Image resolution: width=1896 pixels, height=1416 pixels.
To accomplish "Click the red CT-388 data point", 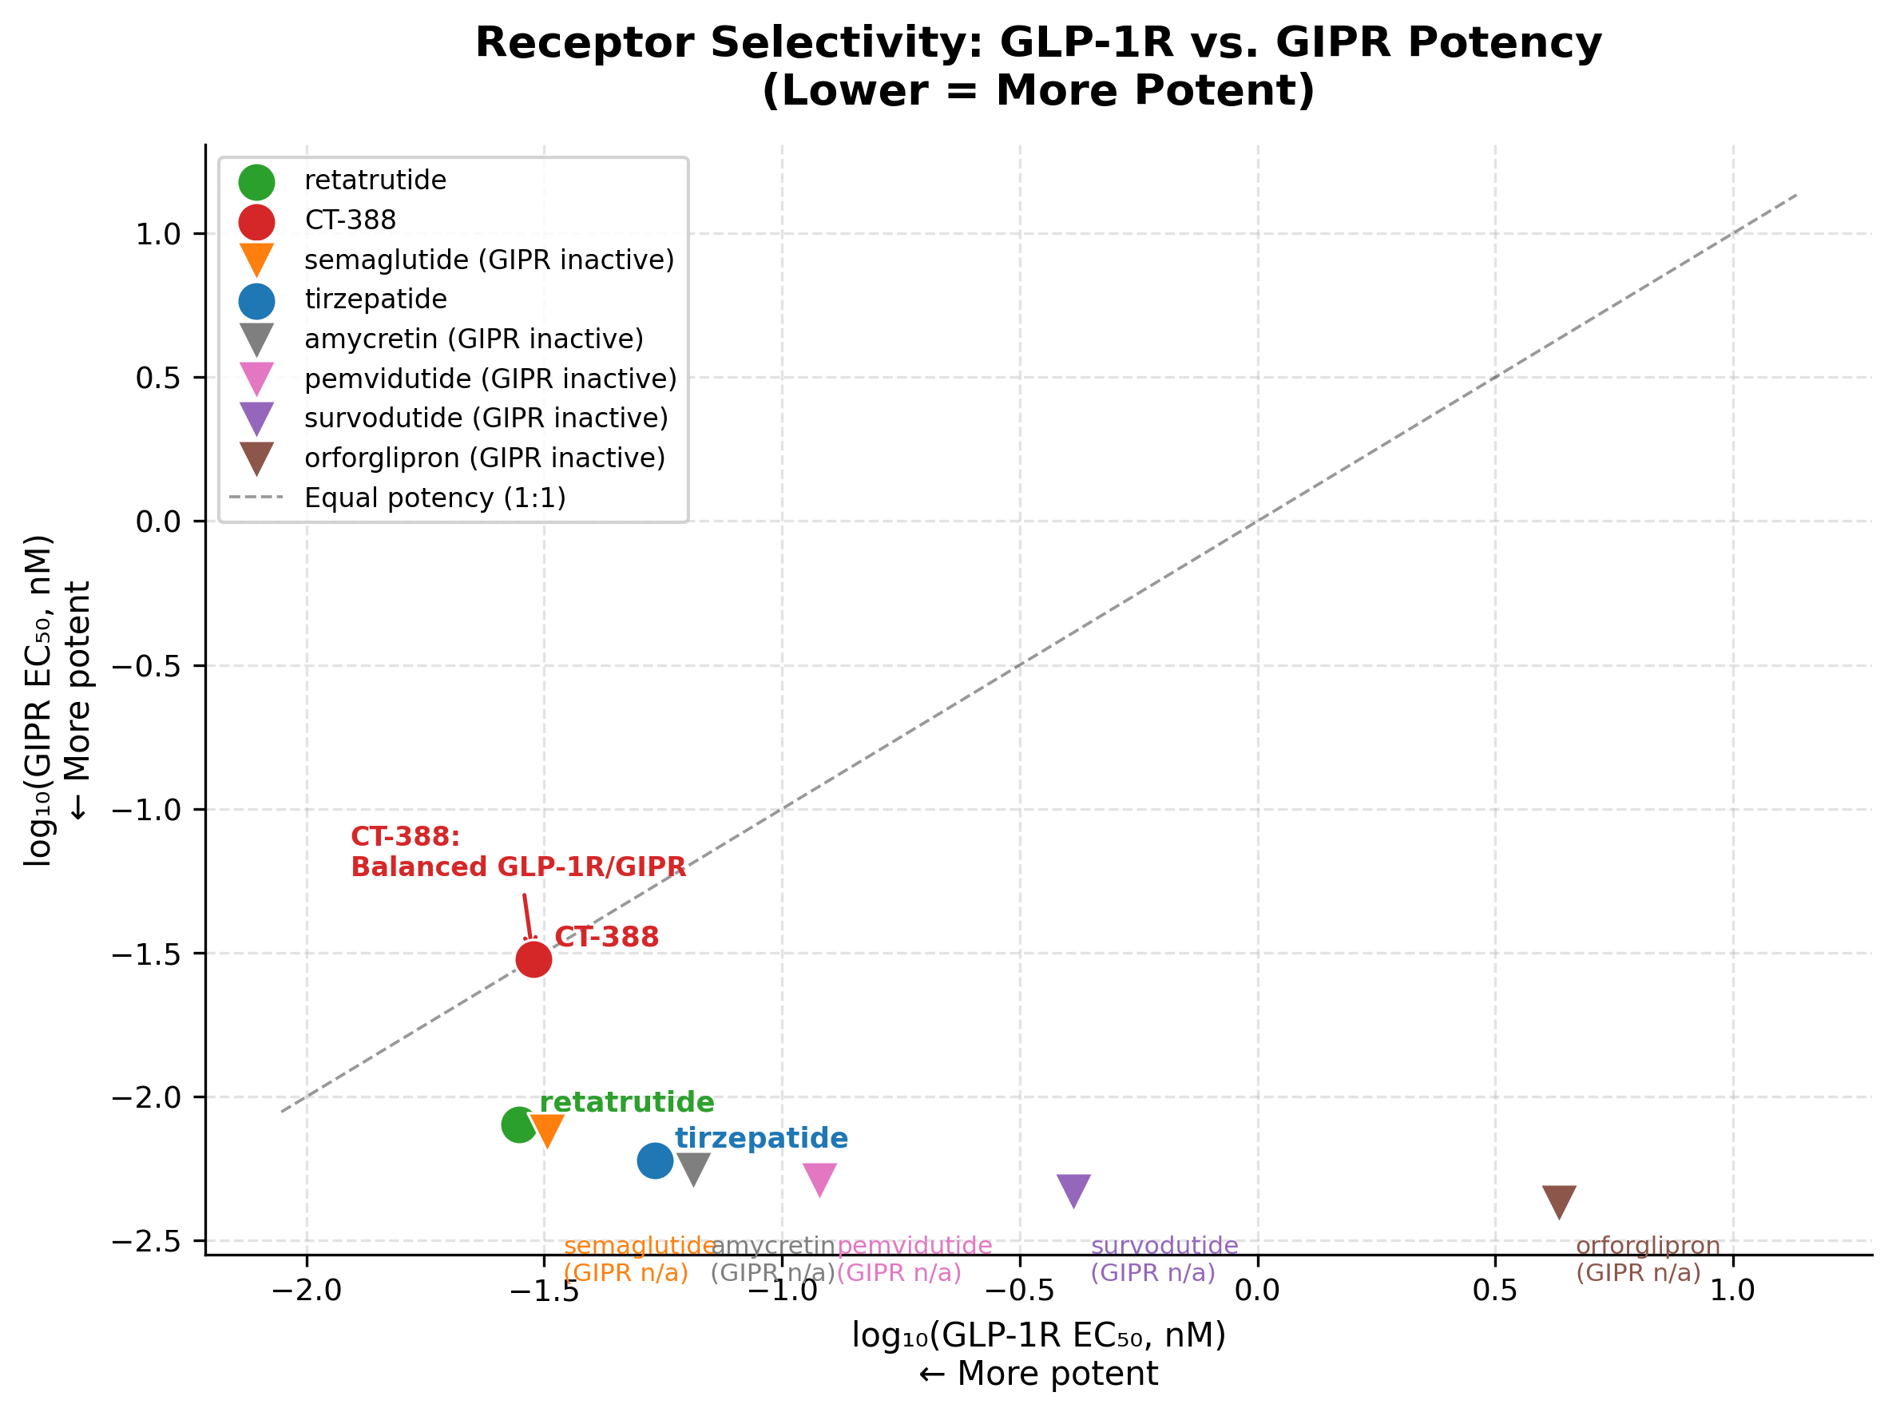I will (533, 959).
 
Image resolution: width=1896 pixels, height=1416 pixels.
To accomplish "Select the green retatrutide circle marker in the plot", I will (518, 1124).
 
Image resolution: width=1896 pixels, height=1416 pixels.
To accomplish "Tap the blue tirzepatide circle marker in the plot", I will (655, 1160).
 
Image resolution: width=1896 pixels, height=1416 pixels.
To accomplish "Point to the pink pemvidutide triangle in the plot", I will (819, 1179).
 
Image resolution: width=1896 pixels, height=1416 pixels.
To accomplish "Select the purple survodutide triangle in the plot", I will (1073, 1189).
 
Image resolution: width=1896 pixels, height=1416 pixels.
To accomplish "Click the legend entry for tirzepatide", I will (375, 299).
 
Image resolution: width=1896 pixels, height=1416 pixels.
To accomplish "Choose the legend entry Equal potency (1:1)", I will (434, 498).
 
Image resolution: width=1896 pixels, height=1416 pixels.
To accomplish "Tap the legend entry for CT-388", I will (350, 220).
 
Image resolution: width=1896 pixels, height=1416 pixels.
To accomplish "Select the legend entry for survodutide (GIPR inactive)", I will (485, 418).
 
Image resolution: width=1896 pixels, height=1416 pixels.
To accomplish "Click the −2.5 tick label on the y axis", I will (147, 1241).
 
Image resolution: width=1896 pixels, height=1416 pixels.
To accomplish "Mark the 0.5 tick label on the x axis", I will (1495, 1290).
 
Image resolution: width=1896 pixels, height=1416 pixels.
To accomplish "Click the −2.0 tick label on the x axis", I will (306, 1290).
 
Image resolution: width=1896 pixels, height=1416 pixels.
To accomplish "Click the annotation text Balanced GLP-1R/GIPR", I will (518, 867).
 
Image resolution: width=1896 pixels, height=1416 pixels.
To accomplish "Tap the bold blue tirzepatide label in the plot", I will (761, 1138).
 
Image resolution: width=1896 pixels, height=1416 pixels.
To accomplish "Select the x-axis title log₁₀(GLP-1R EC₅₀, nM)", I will (1038, 1335).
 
